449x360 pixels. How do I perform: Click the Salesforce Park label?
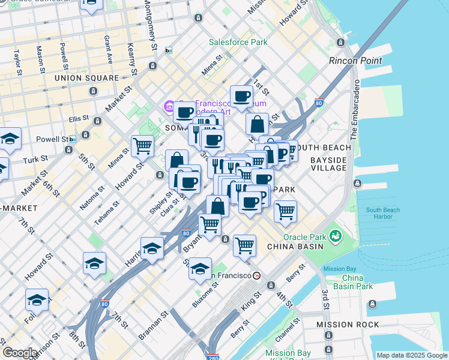pyautogui.click(x=238, y=43)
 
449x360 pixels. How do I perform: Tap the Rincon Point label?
pyautogui.click(x=355, y=61)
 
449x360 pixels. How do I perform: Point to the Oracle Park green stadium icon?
pyautogui.click(x=335, y=235)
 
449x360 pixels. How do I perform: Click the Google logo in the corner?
pyautogui.click(x=20, y=353)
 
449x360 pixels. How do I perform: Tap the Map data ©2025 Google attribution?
pyautogui.click(x=412, y=356)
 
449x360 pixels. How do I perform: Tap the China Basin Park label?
pyautogui.click(x=358, y=282)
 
